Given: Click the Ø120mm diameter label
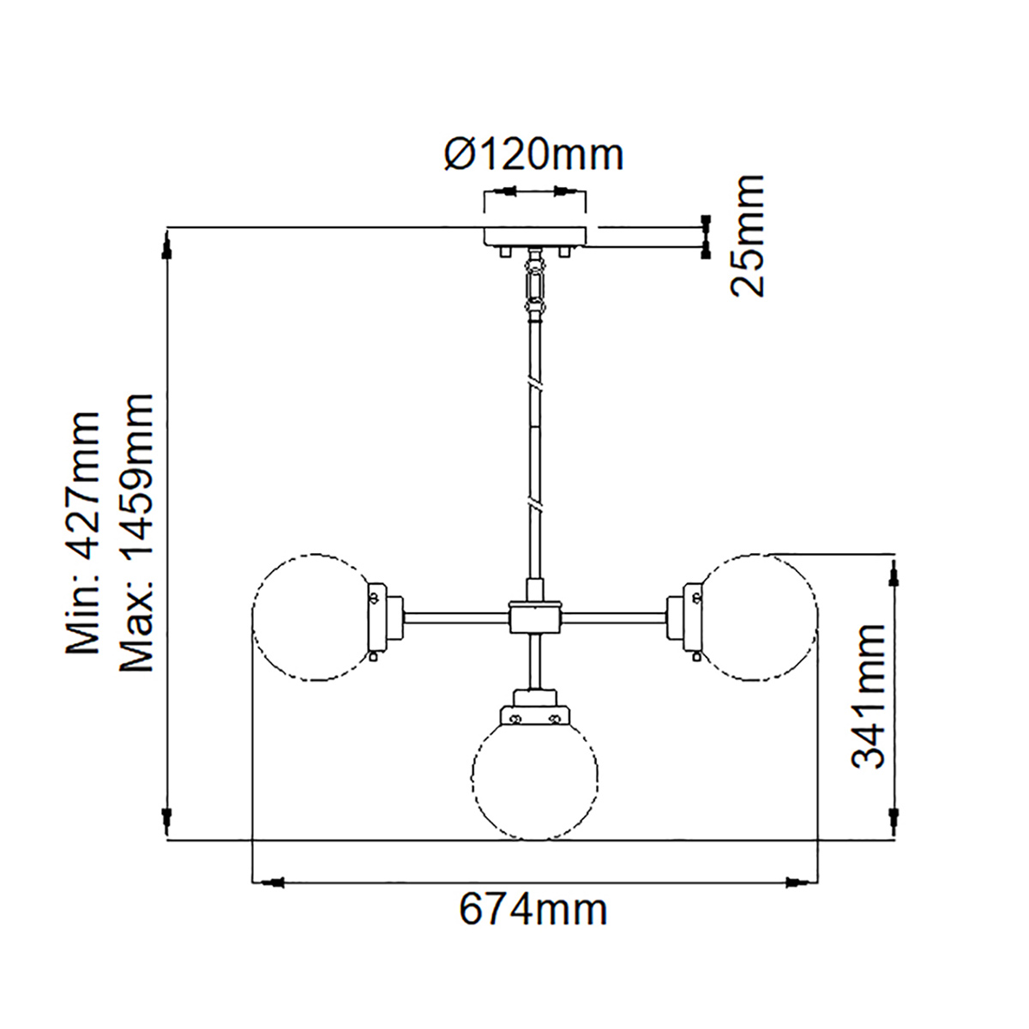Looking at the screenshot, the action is coord(534,155).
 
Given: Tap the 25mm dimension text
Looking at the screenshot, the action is coord(748,236).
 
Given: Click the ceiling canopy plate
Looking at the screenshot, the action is coord(534,236).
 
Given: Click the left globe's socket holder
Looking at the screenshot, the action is coord(386,618).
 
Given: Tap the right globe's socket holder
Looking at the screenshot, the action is coord(684,618).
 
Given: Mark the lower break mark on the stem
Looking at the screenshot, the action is coord(534,504).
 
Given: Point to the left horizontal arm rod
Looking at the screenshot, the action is coord(456,617).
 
